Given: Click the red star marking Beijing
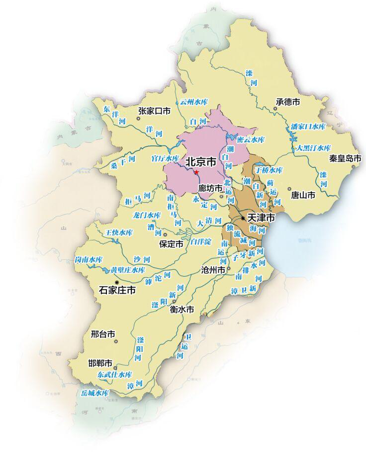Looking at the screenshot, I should [196, 172].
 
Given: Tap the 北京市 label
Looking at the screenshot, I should [200, 162].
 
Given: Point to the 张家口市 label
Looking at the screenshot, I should [154, 111].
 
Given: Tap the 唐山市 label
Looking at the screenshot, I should [303, 196].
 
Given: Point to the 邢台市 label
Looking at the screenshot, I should [103, 334].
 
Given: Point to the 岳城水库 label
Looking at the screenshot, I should [95, 393].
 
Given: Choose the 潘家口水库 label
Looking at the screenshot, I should [308, 126].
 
